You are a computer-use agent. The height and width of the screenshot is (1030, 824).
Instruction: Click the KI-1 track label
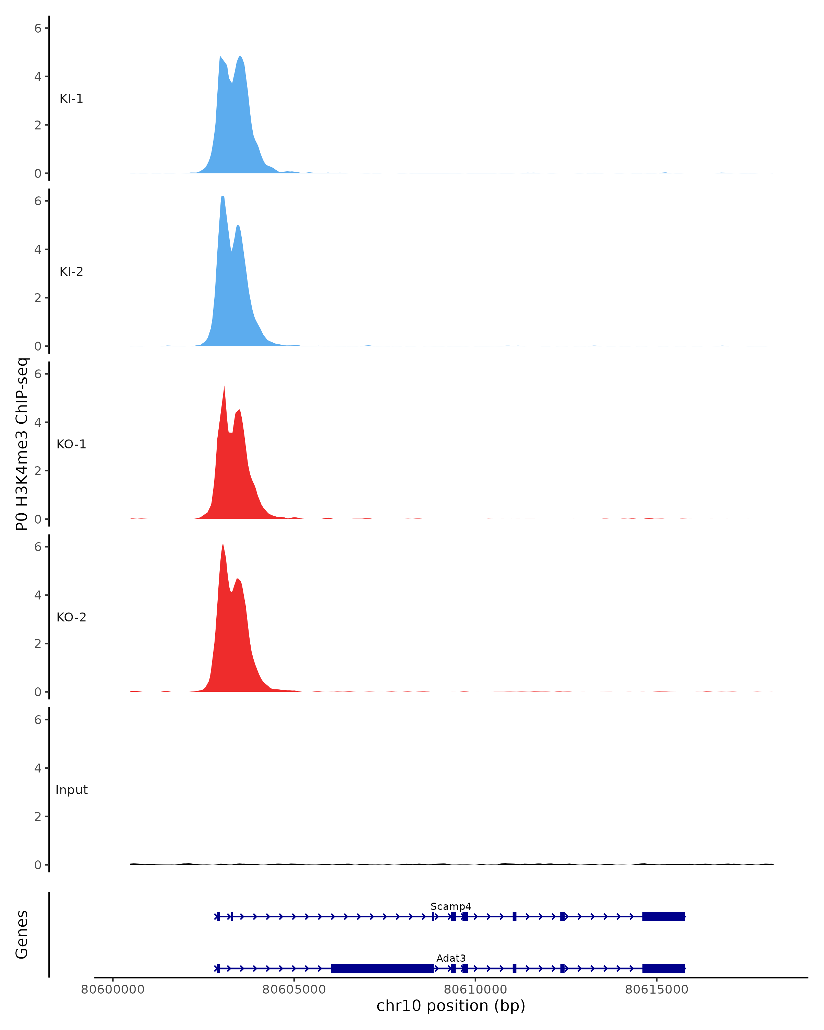pos(71,99)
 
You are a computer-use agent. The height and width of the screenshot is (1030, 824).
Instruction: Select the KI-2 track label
pos(71,272)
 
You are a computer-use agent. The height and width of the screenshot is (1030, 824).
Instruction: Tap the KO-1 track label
pos(71,444)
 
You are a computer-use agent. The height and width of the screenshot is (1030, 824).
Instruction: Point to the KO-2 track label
pos(71,617)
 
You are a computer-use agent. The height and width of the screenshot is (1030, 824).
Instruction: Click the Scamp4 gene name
pos(450,907)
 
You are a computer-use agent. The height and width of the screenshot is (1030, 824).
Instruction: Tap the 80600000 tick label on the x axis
pos(113,989)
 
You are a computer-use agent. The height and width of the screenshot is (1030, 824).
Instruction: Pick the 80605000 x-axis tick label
pos(294,989)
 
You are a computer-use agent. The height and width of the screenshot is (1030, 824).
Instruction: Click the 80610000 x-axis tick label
pos(475,989)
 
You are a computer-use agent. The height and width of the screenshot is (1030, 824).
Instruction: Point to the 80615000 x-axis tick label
pos(656,989)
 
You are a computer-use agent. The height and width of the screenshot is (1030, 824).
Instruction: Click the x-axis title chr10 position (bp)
pos(450,1006)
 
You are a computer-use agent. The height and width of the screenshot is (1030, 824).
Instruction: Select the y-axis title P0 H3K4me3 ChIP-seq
pos(22,444)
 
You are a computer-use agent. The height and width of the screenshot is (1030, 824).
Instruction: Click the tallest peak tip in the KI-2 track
pos(222,197)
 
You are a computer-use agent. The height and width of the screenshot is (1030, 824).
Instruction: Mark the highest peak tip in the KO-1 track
pos(224,387)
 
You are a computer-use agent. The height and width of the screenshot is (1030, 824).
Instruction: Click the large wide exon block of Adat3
pos(382,969)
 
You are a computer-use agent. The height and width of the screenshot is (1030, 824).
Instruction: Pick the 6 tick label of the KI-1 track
pos(38,28)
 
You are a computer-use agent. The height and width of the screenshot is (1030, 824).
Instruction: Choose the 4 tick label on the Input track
pos(38,768)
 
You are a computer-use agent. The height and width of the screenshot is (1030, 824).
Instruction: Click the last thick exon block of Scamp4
pos(664,916)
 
